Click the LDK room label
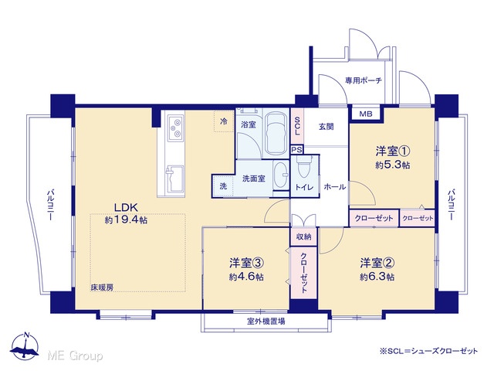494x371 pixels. point(126,208)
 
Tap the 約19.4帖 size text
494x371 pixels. point(126,220)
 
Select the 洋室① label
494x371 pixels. point(393,151)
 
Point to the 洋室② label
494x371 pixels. point(377,263)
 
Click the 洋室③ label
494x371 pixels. point(246,263)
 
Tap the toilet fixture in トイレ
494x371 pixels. point(304,167)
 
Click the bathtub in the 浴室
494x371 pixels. point(276,134)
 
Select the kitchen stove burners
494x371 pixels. point(176,128)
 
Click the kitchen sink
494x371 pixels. point(174,179)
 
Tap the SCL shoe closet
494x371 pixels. point(296,126)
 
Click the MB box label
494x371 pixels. point(366,114)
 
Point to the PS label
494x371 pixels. point(296,150)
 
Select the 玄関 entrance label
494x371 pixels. point(326,127)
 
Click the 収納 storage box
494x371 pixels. point(303,237)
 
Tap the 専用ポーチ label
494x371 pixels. point(364,80)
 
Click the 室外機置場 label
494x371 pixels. point(266,322)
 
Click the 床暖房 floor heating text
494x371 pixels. point(102,288)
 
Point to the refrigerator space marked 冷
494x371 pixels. point(224,121)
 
